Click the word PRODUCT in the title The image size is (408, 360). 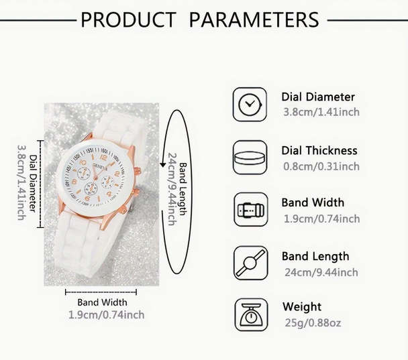(127, 19)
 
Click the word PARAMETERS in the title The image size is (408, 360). (254, 19)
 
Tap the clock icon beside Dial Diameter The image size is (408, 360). (250, 104)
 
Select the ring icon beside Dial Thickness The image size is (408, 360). (250, 158)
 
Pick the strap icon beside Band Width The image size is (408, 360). (250, 210)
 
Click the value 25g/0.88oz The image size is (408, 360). (312, 323)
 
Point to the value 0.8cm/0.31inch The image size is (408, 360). (321, 166)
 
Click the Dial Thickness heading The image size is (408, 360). (319, 150)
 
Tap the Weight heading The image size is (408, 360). (302, 307)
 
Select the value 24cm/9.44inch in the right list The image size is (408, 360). (320, 272)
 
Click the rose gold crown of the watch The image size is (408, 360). (138, 172)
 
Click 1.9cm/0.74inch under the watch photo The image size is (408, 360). (106, 314)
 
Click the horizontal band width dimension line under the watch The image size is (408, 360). (101, 291)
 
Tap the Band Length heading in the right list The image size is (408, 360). (315, 256)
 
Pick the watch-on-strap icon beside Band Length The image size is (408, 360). (250, 262)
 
